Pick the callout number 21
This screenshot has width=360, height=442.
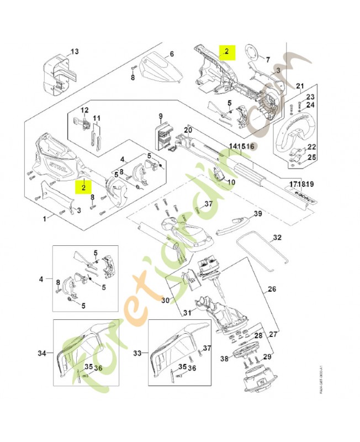300,86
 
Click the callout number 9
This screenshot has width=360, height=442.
161,116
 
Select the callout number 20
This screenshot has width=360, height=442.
187,130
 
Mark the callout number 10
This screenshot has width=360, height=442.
231,182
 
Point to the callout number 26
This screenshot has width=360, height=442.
272,289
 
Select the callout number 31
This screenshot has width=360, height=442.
187,313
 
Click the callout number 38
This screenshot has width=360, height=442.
224,358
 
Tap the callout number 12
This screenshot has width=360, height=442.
85,110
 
